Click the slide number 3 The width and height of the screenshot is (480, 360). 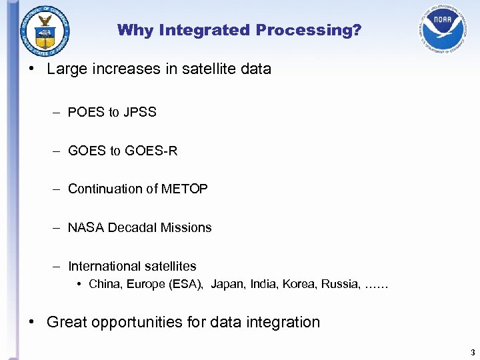click(472, 352)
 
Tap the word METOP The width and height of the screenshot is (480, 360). click(185, 189)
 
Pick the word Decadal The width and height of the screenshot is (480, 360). click(134, 228)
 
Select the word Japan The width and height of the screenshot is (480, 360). click(228, 285)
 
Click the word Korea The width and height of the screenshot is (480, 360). click(299, 285)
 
